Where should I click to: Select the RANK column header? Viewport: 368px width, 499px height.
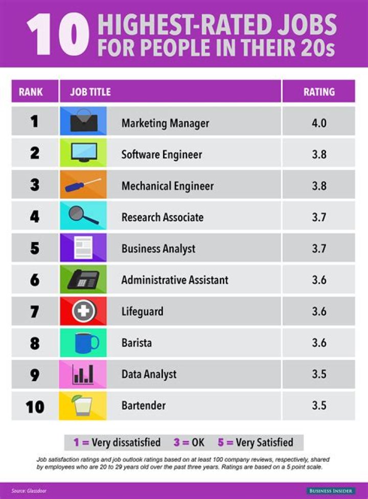(x=31, y=92)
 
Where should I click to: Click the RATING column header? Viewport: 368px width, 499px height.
(x=319, y=92)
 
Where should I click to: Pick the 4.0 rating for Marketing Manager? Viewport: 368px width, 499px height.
(x=319, y=123)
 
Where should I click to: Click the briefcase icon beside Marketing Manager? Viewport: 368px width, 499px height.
(x=83, y=121)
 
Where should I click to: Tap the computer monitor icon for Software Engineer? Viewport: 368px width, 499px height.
(x=83, y=153)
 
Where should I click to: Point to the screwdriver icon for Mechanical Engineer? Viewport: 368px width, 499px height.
(x=83, y=185)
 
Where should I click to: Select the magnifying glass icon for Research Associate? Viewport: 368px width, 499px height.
(x=83, y=216)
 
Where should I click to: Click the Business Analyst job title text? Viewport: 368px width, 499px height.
(x=158, y=249)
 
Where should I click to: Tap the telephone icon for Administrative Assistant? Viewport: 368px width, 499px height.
(x=83, y=279)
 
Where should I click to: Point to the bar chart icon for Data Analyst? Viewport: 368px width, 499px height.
(x=83, y=374)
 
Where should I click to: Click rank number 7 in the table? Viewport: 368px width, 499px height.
(x=34, y=311)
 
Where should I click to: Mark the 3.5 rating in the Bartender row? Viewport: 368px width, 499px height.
(x=319, y=406)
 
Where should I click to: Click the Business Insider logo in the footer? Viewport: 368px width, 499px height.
(x=331, y=490)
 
